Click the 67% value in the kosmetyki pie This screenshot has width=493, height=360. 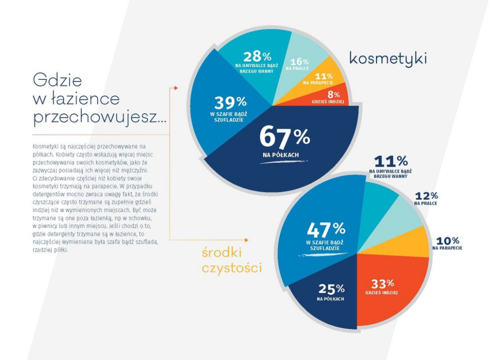point(284,136)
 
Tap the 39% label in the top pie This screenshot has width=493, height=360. point(230,102)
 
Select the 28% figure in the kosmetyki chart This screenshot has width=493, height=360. point(257,56)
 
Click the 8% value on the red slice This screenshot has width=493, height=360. point(332,94)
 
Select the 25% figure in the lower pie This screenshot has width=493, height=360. point(331,289)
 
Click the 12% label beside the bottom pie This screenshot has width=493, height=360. point(426,196)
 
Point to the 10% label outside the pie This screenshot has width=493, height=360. point(448,241)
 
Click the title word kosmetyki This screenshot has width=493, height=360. point(387,58)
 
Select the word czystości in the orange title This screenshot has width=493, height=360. point(232,267)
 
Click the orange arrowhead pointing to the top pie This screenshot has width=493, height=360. point(176,88)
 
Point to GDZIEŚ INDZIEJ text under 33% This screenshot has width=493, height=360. point(381,293)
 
